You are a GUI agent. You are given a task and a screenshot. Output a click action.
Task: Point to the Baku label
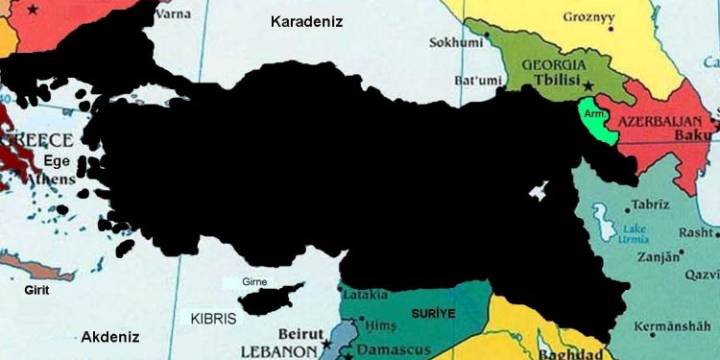[700, 139]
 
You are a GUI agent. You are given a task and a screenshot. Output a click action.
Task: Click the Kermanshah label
[677, 315]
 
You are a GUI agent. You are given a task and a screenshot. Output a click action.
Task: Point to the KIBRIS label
[213, 318]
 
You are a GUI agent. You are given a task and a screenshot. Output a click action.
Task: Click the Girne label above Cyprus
[254, 282]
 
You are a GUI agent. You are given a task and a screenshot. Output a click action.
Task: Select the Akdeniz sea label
[110, 337]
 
